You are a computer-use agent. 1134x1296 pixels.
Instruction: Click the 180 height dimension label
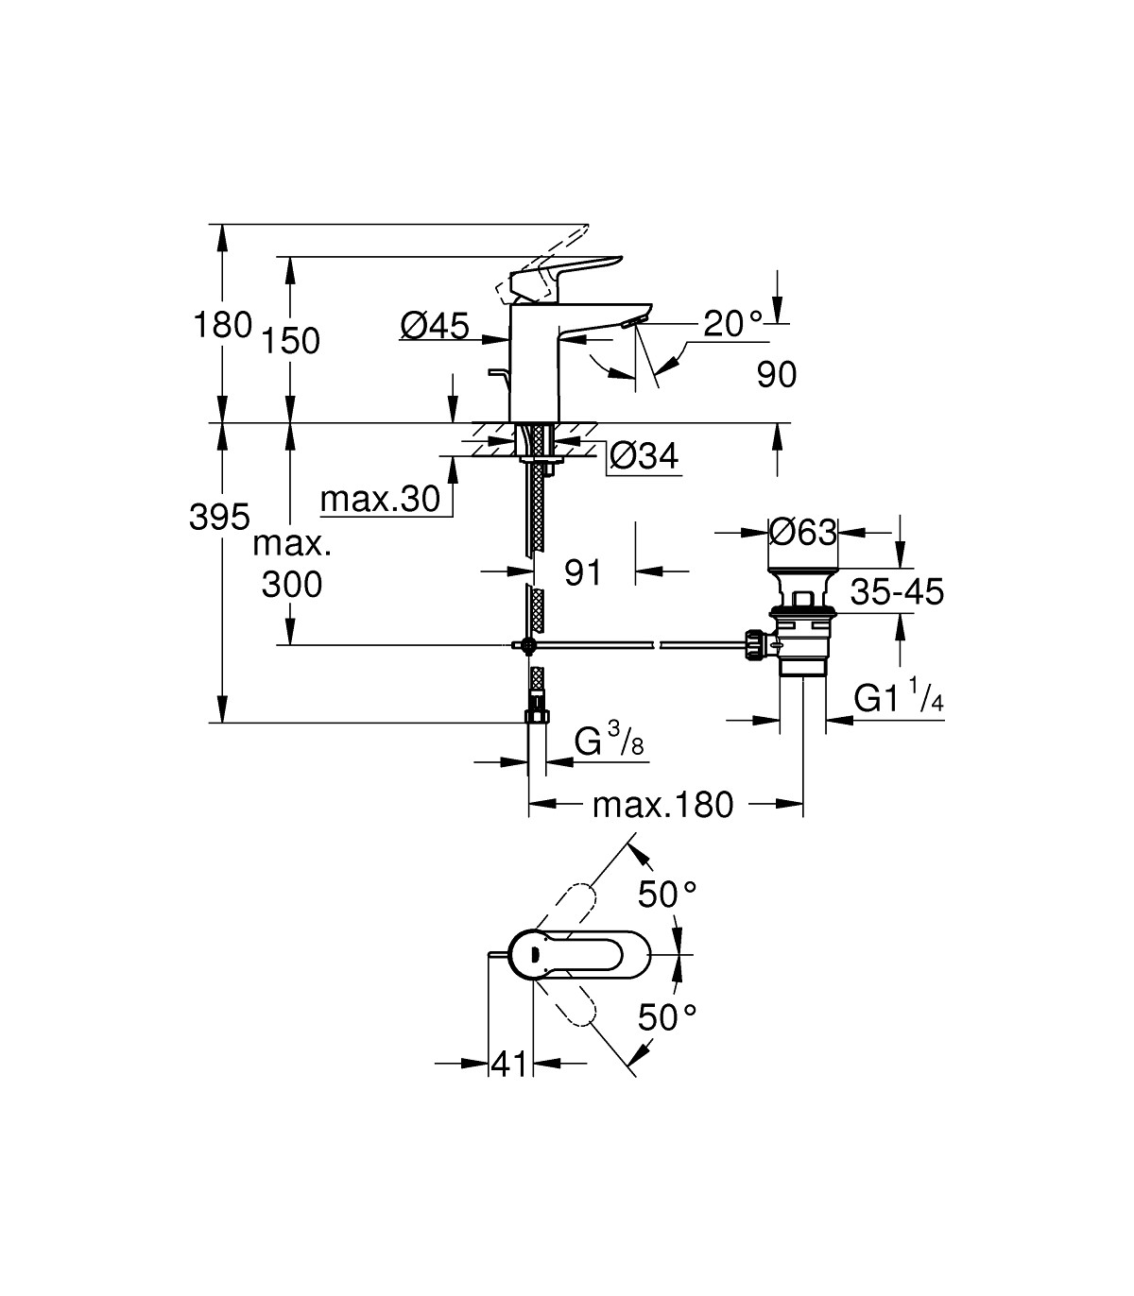(222, 325)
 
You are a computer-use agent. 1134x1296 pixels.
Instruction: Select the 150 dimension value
(292, 341)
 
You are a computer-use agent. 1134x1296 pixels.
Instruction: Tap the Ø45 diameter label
(435, 326)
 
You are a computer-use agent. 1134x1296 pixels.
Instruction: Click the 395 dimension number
(219, 517)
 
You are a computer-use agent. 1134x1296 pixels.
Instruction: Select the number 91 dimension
(582, 571)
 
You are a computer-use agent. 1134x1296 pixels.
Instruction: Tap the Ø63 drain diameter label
(802, 533)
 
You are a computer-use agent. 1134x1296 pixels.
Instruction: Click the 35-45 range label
(897, 592)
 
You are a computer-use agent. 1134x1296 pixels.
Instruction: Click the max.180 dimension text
(662, 805)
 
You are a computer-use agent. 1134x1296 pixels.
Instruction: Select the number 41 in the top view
(510, 1064)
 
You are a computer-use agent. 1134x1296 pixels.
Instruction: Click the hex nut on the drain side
(756, 645)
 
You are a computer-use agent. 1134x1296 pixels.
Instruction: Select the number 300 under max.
(292, 584)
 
